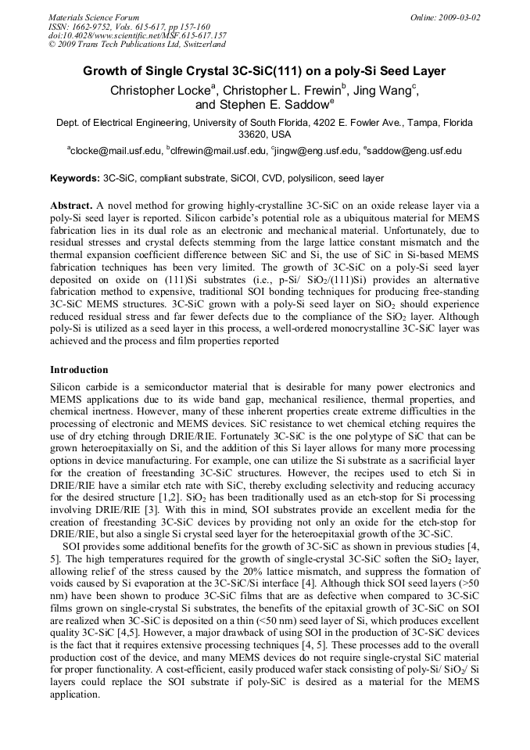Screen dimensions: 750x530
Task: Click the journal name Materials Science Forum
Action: point(94,17)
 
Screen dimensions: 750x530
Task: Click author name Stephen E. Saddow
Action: point(273,105)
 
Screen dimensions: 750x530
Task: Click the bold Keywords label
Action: point(75,179)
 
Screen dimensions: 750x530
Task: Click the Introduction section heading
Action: point(79,370)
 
